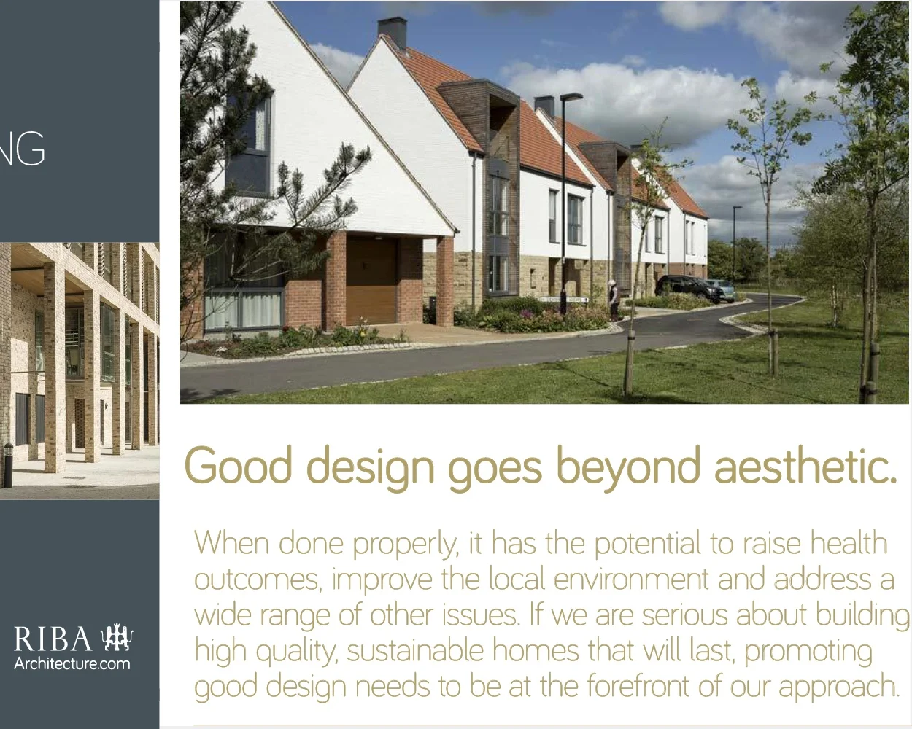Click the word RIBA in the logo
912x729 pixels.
pos(53,639)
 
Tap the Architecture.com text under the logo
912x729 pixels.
pos(72,664)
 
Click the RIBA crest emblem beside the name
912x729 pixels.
pos(117,638)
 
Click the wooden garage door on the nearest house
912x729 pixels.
pos(371,280)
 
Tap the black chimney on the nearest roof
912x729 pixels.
pos(392,32)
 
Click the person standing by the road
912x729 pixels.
pos(614,299)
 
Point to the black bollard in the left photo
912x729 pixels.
pos(7,464)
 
